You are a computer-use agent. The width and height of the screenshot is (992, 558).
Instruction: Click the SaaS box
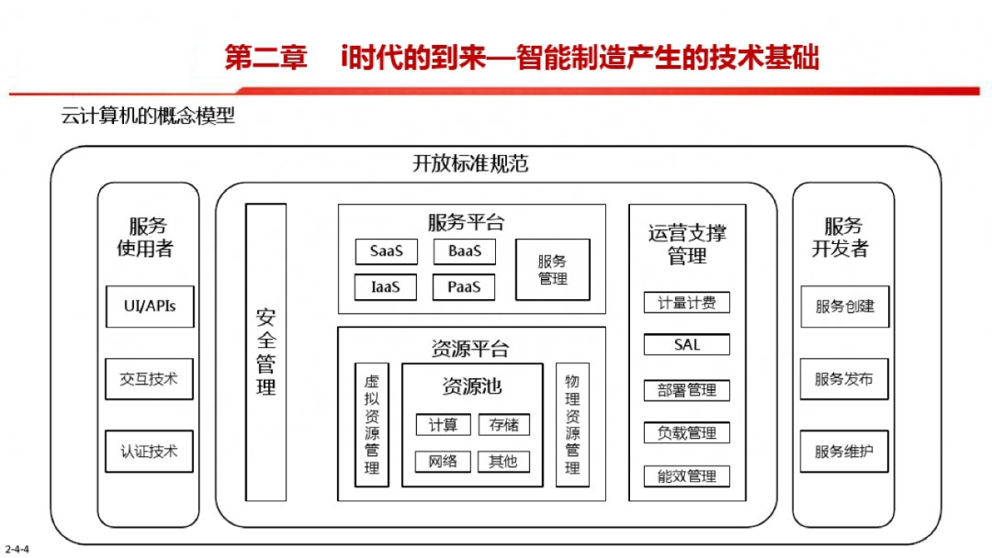[x=386, y=251]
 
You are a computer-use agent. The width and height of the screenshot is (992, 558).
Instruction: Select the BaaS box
[x=464, y=251]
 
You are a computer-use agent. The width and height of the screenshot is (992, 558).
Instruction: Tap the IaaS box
[x=386, y=287]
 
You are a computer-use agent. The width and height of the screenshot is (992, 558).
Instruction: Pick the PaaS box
[x=464, y=287]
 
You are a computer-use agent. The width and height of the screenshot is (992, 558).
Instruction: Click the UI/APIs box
[x=149, y=307]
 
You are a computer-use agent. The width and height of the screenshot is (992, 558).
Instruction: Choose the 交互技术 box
[x=149, y=378]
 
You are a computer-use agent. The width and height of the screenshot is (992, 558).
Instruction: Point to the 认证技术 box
[x=149, y=451]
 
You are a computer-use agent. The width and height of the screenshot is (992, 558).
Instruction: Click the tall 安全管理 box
[x=265, y=352]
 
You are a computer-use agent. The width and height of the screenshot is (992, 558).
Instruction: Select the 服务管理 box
[x=552, y=270]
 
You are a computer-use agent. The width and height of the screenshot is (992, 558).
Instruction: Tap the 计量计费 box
[x=686, y=303]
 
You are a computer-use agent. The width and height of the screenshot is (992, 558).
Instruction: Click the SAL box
[x=686, y=345]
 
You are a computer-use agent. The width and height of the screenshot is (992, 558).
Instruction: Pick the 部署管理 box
[x=686, y=389]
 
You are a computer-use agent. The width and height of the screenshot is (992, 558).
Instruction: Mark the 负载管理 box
[x=686, y=432]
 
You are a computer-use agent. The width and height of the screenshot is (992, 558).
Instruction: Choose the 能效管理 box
[x=686, y=475]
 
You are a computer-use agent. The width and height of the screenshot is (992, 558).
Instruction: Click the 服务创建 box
[x=844, y=307]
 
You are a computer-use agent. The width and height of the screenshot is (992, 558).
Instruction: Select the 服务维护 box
[x=844, y=451]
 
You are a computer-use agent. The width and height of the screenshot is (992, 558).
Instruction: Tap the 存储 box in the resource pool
[x=503, y=424]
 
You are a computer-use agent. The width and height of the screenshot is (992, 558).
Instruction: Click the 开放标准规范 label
[x=470, y=164]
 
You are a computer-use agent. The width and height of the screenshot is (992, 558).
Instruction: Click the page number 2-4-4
[x=17, y=549]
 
